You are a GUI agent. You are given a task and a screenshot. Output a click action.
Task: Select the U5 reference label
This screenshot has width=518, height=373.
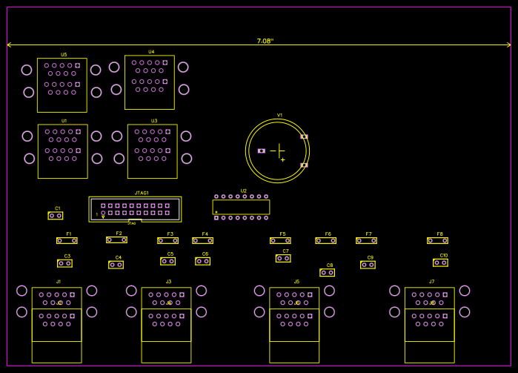[x=64, y=55]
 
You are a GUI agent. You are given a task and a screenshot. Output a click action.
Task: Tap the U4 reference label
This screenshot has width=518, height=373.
[x=151, y=52]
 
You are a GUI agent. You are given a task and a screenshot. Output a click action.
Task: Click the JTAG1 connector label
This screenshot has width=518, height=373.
[x=142, y=193]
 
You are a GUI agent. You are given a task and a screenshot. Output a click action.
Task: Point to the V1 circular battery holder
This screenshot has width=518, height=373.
[x=277, y=151]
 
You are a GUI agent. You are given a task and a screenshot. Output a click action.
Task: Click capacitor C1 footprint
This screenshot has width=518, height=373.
[x=55, y=216]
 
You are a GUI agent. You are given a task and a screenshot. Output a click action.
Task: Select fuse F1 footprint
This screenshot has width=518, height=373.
[x=67, y=240]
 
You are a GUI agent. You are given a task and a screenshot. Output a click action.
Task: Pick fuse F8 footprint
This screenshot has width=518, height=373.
[x=437, y=240]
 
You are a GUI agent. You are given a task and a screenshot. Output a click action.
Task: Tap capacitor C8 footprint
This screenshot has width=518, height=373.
[x=327, y=272]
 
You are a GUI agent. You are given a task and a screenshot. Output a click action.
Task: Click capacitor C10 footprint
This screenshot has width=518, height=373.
[x=441, y=263]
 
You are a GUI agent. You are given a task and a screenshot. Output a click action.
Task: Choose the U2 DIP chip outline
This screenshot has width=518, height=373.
[x=241, y=207]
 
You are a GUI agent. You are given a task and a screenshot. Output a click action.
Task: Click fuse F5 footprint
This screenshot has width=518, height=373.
[x=280, y=240]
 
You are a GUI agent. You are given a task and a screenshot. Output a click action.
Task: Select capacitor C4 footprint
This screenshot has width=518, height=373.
[x=116, y=265]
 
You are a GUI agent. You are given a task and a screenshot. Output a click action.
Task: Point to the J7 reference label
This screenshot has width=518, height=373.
[x=431, y=282]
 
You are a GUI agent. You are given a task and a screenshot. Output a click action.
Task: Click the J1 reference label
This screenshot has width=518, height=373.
[x=59, y=282]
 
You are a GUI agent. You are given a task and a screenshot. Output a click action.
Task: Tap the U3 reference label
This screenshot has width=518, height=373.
[x=154, y=121]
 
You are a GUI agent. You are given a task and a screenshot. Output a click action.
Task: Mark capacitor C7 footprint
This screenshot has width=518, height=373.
[x=283, y=258]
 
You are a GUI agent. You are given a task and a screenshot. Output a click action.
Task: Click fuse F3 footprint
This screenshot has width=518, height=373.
[x=167, y=240]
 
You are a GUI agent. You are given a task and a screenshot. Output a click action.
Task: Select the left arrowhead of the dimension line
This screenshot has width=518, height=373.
[x=9, y=45]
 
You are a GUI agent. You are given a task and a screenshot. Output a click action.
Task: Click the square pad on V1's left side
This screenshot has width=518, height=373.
[x=261, y=151]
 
